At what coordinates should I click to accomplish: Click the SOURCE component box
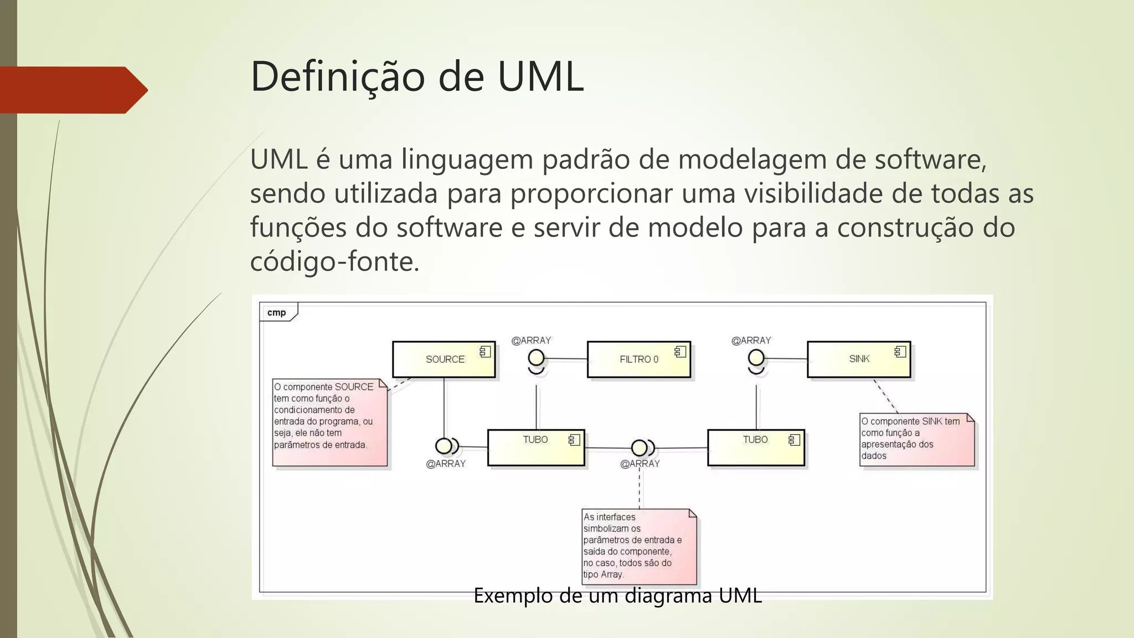point(444,359)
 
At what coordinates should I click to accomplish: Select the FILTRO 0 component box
point(638,359)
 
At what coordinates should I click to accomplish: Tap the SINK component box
point(858,359)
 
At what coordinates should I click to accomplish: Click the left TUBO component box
point(535,447)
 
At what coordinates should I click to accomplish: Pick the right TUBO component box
point(755,447)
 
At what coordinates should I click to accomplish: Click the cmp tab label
point(277,312)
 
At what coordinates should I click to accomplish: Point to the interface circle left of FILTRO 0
point(536,358)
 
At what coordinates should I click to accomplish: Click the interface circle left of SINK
point(756,358)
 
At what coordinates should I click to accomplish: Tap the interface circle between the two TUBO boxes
point(639,447)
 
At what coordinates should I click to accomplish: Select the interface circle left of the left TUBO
point(444,445)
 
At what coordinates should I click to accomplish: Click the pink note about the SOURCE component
point(329,422)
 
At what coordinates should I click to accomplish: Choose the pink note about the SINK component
point(916,439)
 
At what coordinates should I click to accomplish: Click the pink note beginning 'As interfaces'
point(638,546)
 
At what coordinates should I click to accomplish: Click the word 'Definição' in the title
point(337,76)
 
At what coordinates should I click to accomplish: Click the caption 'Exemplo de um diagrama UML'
point(617,596)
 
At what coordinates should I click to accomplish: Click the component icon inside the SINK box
point(900,352)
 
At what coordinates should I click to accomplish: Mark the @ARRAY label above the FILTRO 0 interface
point(531,341)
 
